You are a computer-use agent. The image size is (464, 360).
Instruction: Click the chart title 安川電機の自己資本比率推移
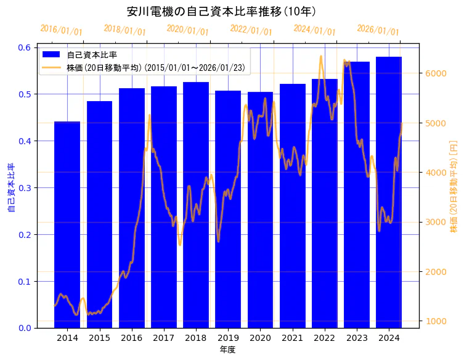coord(222,12)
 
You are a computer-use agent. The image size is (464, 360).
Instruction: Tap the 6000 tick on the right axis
coord(435,73)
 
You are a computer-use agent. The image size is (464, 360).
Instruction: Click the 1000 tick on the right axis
coord(435,321)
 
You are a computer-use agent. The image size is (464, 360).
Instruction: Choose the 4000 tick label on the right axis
coord(435,173)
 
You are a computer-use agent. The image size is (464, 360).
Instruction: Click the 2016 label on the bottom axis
coord(131,338)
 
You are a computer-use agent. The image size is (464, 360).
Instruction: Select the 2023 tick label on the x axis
coord(357,338)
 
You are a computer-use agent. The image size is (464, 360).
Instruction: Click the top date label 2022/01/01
coord(251,31)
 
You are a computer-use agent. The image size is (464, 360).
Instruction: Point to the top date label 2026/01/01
coord(378,31)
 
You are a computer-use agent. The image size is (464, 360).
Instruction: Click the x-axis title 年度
coord(227,350)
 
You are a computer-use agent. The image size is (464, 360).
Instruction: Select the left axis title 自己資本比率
coord(10,188)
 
